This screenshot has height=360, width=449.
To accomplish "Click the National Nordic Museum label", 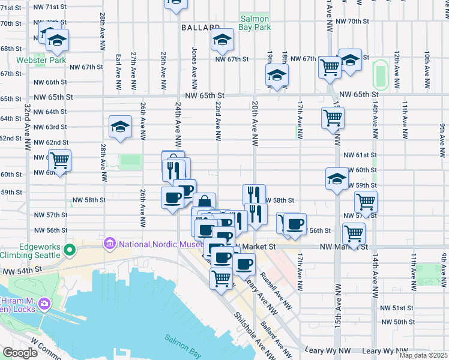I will [x=160, y=244].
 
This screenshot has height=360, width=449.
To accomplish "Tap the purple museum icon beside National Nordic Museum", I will [x=109, y=244].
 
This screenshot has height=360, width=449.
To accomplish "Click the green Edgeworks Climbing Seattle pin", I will [x=70, y=249].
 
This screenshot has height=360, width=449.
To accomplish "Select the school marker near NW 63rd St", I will [x=120, y=127].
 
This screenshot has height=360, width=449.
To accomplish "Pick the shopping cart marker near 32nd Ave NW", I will [x=59, y=161].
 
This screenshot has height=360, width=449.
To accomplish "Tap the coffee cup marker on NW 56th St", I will [x=294, y=224].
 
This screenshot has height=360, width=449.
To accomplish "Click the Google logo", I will [x=20, y=353].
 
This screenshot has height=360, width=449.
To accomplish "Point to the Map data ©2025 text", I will [x=423, y=355].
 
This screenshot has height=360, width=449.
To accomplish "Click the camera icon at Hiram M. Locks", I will [x=43, y=304].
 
